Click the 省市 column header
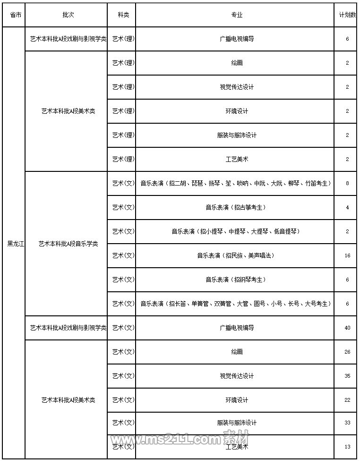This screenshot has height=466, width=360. pos(15,15)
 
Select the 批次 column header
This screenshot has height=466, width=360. pos(68,15)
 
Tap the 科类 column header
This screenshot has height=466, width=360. pos(123,15)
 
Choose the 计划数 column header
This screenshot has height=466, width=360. pos(347,15)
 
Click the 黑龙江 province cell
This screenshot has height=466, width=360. pos(15,244)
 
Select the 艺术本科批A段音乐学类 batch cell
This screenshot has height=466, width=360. pos(68,244)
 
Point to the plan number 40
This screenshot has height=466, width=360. pos(347,328)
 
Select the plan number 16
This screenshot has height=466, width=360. pos(347,255)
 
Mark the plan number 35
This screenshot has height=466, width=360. pos(347,376)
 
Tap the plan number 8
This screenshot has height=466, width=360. pos(347,183)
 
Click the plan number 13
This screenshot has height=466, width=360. pos(347,447)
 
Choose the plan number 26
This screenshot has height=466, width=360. pos(347,352)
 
